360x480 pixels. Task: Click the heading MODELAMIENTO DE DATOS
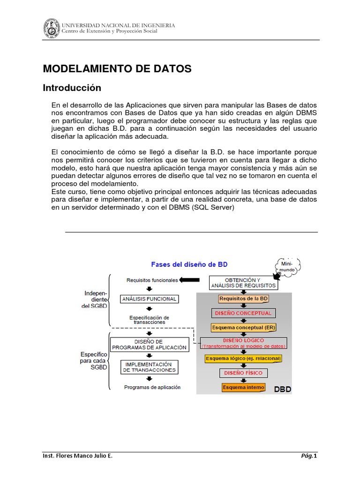(117, 69)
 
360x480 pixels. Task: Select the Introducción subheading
(72, 88)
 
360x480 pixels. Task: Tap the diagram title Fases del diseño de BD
(189, 264)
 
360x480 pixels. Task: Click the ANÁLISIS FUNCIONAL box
(149, 299)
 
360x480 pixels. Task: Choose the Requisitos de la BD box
(244, 299)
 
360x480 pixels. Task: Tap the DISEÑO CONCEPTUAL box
(244, 313)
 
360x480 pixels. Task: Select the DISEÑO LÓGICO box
(244, 343)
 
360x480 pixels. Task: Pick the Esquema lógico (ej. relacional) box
(244, 359)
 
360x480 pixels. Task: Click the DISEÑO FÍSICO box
(244, 373)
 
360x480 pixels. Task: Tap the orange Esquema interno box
(244, 387)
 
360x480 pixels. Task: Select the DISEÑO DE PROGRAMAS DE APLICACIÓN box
(149, 345)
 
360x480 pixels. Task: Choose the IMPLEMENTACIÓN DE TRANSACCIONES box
(149, 367)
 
